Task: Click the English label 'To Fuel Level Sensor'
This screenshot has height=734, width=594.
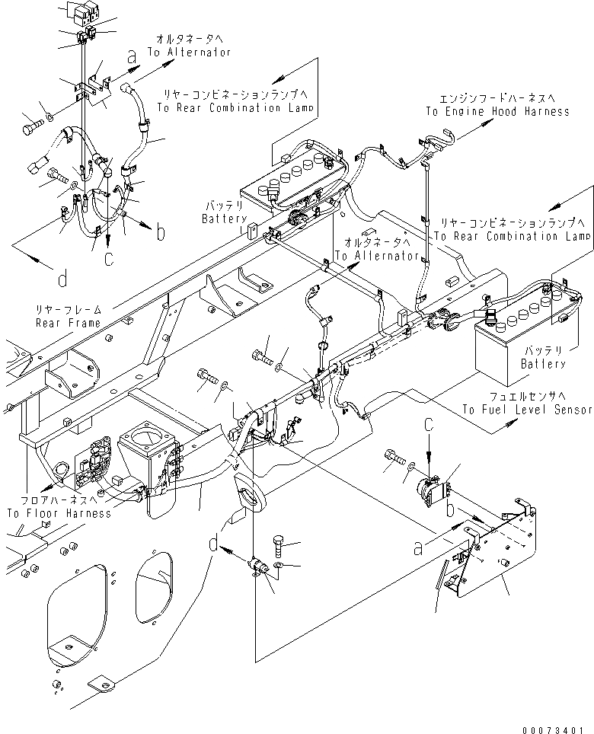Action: coord(527,410)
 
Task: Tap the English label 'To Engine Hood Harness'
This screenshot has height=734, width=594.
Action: coord(497,111)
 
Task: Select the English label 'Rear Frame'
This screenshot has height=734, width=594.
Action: coord(68,323)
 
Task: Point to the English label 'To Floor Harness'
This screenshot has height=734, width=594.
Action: coord(59,513)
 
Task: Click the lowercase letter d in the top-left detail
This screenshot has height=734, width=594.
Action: coord(62,279)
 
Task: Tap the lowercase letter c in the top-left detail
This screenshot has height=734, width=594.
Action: coord(109,259)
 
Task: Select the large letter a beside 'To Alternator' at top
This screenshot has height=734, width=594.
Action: coord(132,56)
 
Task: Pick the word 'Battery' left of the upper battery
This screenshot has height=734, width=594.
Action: coord(224,219)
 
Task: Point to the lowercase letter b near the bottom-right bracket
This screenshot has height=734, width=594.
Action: coord(452,508)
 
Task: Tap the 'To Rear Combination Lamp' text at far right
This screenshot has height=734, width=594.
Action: coord(513,236)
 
